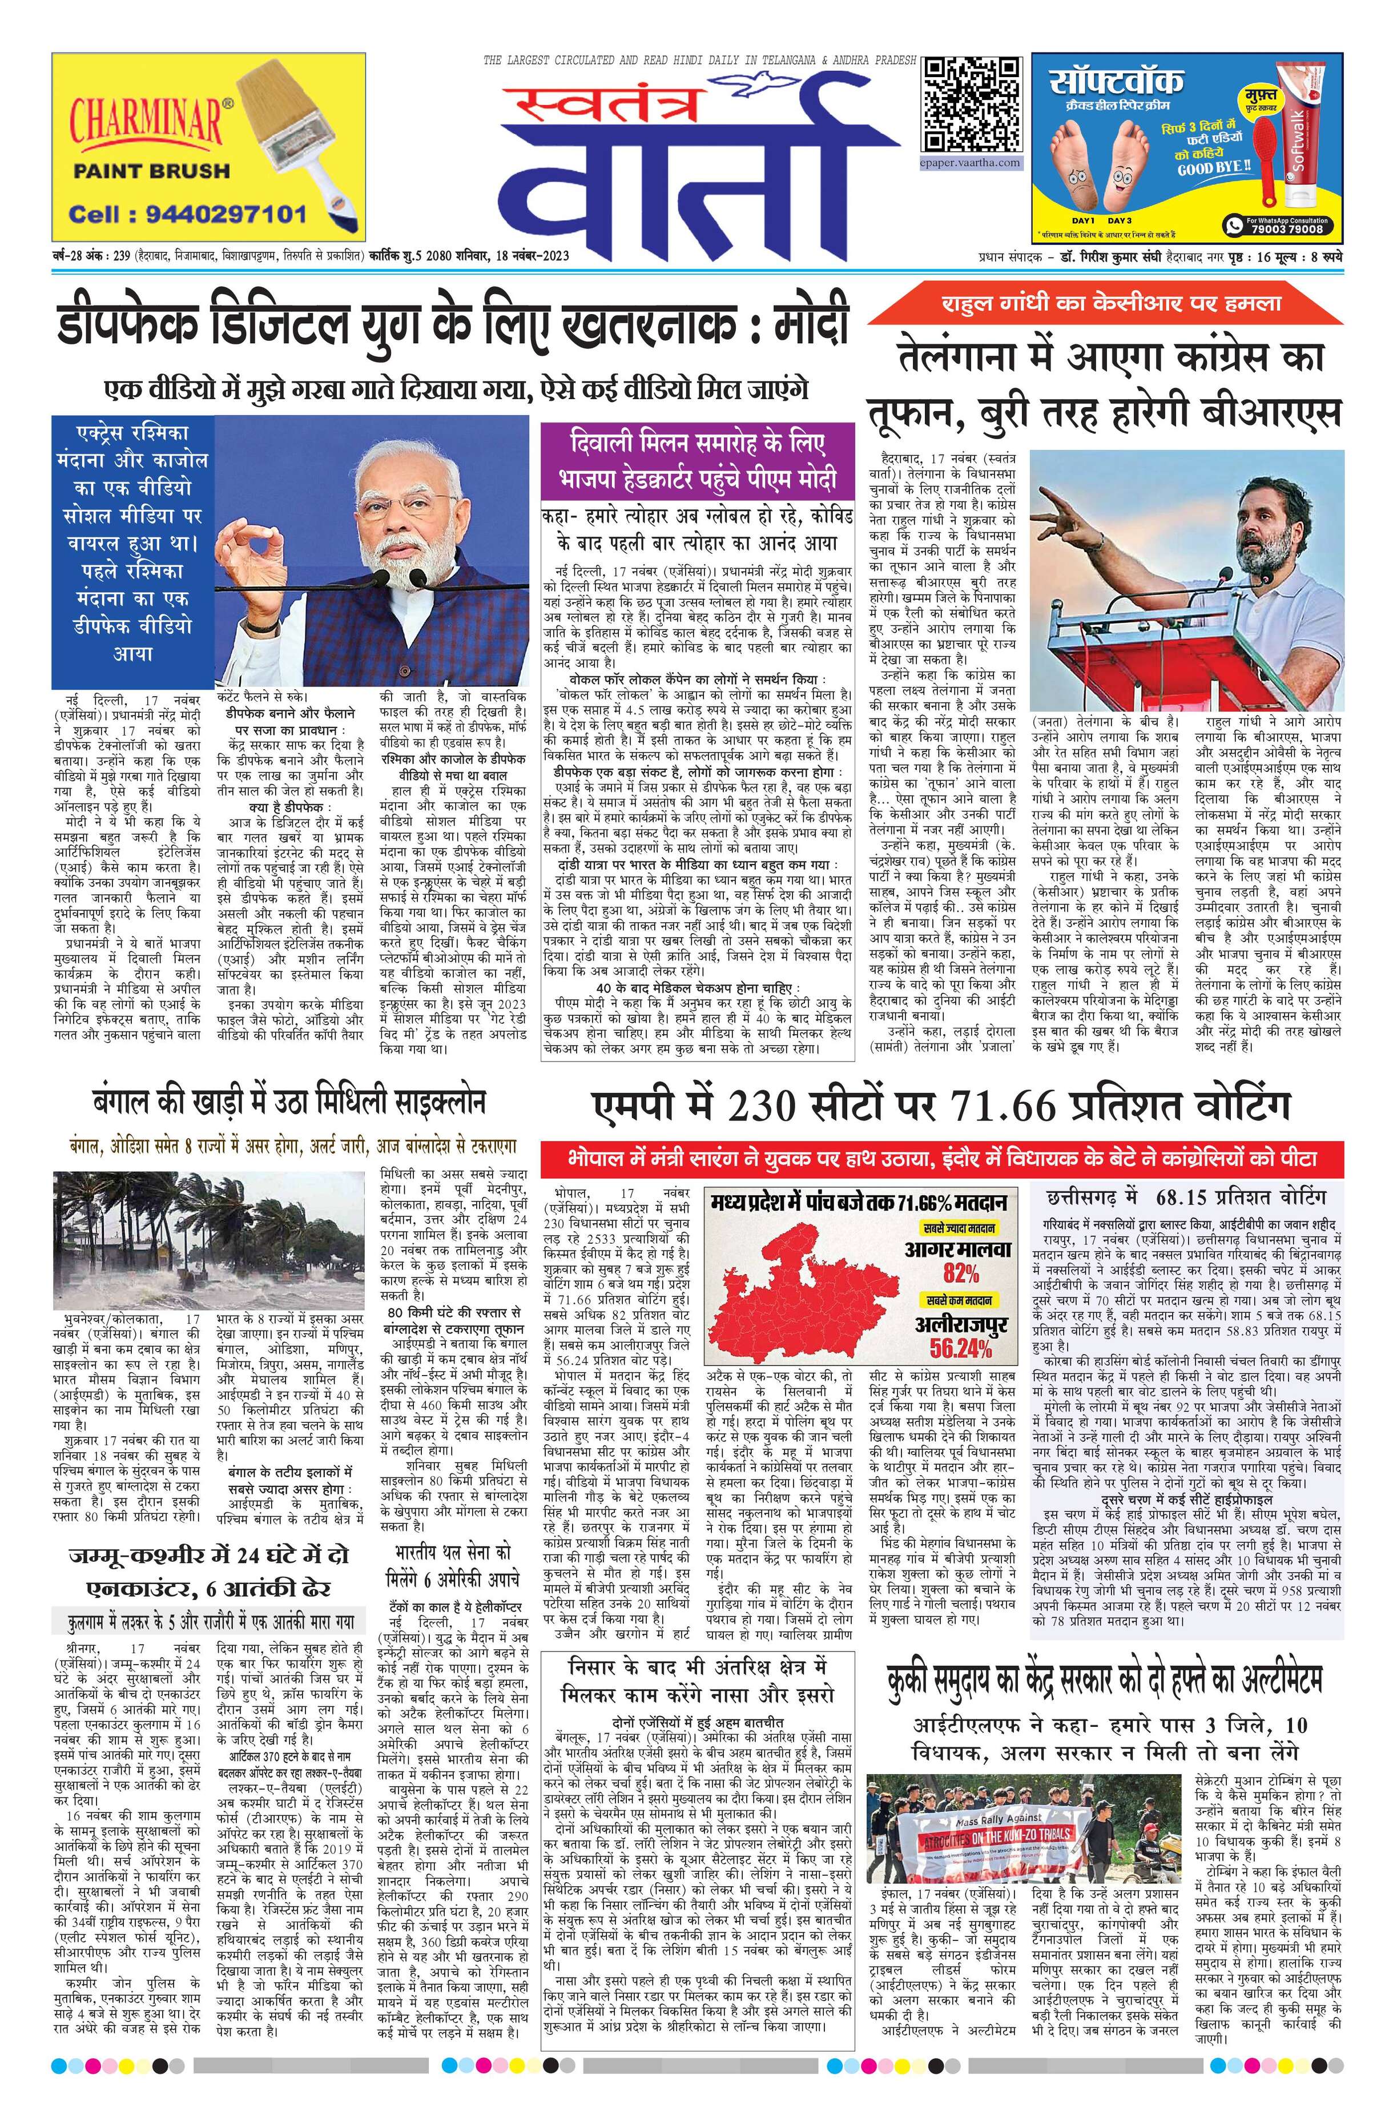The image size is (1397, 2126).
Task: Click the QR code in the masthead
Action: pos(972,106)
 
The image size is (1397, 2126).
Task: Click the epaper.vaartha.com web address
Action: pos(971,163)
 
